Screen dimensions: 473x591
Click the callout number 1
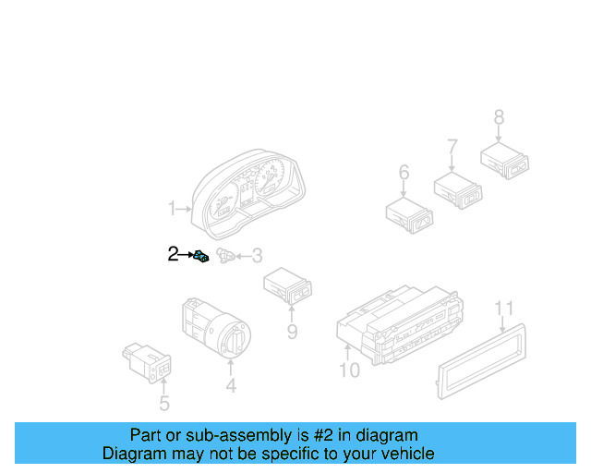(171, 210)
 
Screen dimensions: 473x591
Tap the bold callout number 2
(173, 253)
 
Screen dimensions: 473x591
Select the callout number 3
(257, 256)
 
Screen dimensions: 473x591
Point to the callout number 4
(231, 387)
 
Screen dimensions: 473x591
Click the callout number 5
(163, 403)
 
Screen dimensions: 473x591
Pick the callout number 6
(404, 173)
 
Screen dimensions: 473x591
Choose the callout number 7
(452, 146)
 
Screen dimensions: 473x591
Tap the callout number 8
(499, 117)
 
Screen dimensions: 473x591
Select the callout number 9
(292, 332)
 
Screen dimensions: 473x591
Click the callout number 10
(349, 371)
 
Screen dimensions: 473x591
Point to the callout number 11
(502, 308)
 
